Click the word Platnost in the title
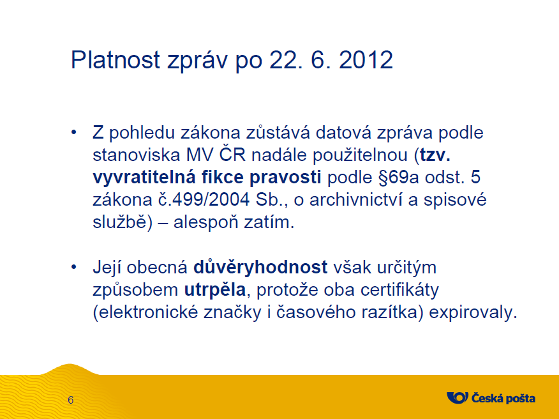coord(116,59)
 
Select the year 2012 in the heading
coord(366,59)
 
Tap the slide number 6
coord(71,400)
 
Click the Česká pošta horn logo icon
coord(458,397)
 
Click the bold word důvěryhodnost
coord(260,268)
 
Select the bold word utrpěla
coord(215,290)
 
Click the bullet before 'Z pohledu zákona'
coord(74,132)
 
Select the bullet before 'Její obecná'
coord(74,267)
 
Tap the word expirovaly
coord(473,312)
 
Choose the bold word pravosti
coord(285,178)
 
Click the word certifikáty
coord(399,290)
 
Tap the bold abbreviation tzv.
coord(435,155)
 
